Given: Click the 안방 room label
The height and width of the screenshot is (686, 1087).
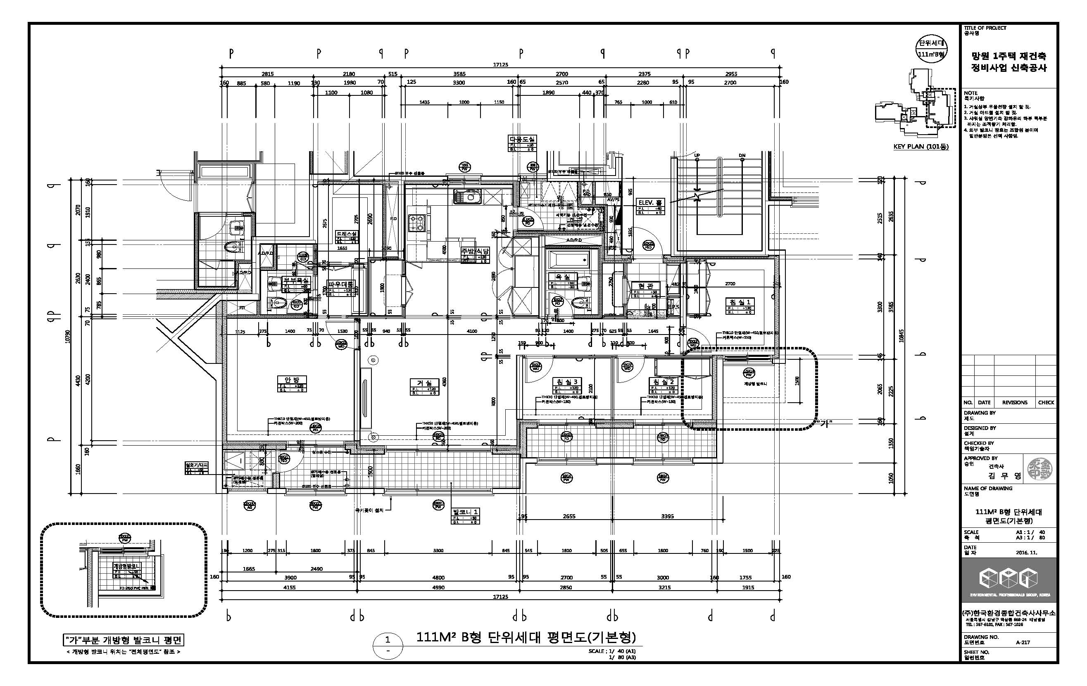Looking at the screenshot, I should coord(292,380).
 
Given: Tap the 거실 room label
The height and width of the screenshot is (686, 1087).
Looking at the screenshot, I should coord(424,383).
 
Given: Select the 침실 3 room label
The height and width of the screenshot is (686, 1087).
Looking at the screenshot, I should coord(567,382).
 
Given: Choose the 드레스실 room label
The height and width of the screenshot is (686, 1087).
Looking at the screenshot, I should coord(347,234).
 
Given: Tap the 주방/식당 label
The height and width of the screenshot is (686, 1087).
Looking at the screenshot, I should coord(474,251).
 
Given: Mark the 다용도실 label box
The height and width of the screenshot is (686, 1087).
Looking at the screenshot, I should coord(522,140).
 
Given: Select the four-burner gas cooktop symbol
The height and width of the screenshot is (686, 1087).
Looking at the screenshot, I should coord(417,223).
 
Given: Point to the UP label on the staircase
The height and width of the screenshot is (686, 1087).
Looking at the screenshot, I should coord(697,155).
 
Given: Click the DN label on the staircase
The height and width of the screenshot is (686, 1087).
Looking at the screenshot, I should coord(742,155).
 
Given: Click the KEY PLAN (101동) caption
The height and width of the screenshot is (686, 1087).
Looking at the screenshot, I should coord(921,147).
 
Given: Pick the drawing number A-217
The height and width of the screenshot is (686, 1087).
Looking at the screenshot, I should coord(1023,642).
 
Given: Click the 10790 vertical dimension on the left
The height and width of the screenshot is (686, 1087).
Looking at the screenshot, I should coord(67,336).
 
